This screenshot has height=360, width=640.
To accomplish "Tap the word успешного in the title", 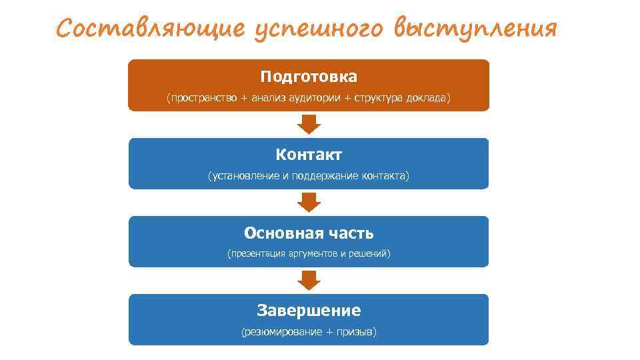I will pyautogui.click(x=318, y=30).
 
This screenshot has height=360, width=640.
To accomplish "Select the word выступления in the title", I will pyautogui.click(x=475, y=30).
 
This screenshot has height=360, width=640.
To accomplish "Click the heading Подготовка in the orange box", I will pyautogui.click(x=309, y=77).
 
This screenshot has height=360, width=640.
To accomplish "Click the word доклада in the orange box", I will pyautogui.click(x=426, y=99).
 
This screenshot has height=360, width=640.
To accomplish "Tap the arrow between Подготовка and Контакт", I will pyautogui.click(x=309, y=124).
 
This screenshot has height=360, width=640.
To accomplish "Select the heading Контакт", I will pyautogui.click(x=309, y=155).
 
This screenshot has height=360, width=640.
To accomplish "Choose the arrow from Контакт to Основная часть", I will pyautogui.click(x=309, y=202).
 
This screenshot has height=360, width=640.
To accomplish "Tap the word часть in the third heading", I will pyautogui.click(x=351, y=233).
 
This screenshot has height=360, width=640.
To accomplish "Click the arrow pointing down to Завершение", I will pyautogui.click(x=309, y=280).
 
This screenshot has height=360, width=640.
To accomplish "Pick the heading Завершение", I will pyautogui.click(x=309, y=311).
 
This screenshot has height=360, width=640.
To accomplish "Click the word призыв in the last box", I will pyautogui.click(x=354, y=332).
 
